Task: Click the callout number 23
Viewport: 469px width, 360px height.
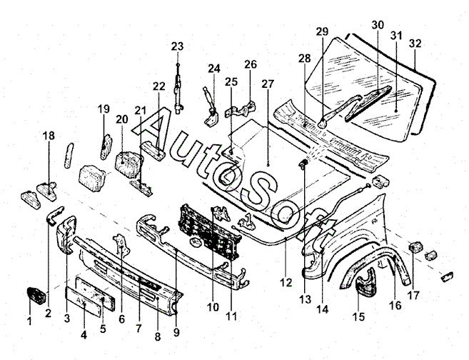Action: coord(177,46)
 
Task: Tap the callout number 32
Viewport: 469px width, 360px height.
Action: coord(415,43)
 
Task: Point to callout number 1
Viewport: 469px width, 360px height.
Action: coord(29,322)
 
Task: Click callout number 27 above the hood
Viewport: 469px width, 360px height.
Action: coord(268,84)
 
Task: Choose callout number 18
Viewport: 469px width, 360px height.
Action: coord(49,135)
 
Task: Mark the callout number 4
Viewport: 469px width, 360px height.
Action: coord(85,333)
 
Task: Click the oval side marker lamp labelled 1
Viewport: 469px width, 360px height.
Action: coord(35,294)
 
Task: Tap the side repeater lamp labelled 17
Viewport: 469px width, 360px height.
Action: coord(413,249)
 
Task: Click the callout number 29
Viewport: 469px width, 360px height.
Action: coord(322,31)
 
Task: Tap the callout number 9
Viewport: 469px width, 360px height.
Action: coord(176,332)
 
